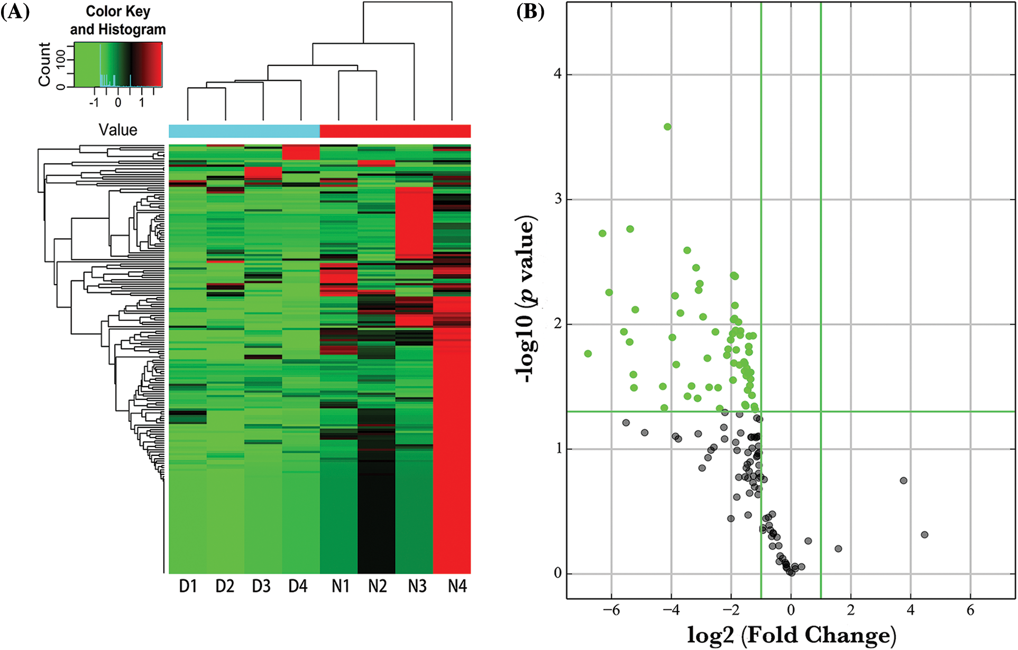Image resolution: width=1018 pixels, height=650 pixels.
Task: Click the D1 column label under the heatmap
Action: pyautogui.click(x=188, y=587)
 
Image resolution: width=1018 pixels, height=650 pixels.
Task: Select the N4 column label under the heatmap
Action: pyautogui.click(x=457, y=587)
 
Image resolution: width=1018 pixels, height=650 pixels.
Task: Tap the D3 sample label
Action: pyautogui.click(x=261, y=587)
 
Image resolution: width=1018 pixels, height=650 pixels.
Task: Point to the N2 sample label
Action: pyautogui.click(x=378, y=587)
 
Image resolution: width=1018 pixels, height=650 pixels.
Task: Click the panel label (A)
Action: pyautogui.click(x=15, y=12)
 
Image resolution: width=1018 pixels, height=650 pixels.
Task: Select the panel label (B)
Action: pyautogui.click(x=530, y=12)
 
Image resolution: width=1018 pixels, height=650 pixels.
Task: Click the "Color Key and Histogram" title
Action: pyautogui.click(x=118, y=20)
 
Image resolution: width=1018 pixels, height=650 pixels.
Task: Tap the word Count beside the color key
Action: pyautogui.click(x=44, y=65)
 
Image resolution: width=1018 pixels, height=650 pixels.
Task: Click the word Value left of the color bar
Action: pyautogui.click(x=117, y=130)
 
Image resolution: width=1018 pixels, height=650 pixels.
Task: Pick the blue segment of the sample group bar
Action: pyautogui.click(x=244, y=131)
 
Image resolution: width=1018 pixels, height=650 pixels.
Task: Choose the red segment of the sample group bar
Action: pyautogui.click(x=395, y=131)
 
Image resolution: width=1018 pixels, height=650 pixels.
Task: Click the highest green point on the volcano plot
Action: pyautogui.click(x=667, y=127)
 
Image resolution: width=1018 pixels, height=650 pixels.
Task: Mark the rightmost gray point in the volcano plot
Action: pyautogui.click(x=924, y=535)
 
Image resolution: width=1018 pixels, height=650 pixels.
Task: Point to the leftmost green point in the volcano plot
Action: pyautogui.click(x=588, y=354)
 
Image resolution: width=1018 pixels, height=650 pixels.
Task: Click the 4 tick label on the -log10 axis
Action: pyautogui.click(x=557, y=74)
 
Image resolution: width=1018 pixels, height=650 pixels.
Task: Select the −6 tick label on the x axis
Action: pyautogui.click(x=611, y=610)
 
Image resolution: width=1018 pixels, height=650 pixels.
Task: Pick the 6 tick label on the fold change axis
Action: pyautogui.click(x=970, y=610)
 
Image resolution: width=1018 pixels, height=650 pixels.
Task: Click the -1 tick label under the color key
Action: pyautogui.click(x=94, y=103)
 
